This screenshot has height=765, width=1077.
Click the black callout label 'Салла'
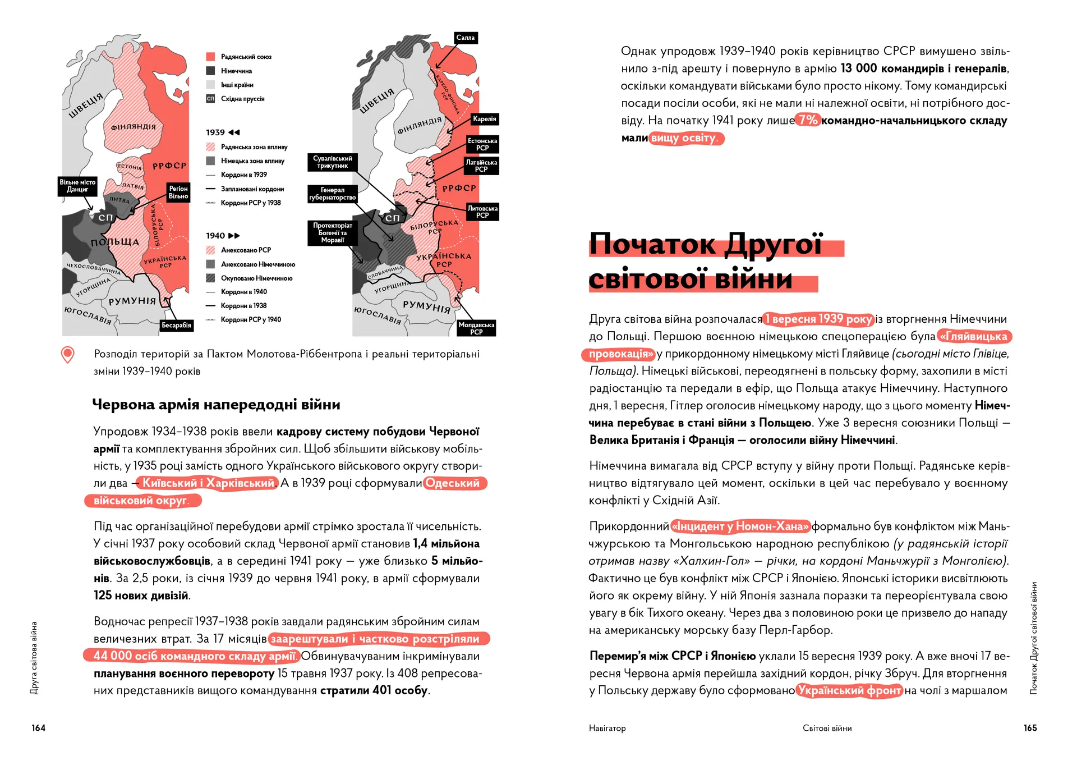(466, 38)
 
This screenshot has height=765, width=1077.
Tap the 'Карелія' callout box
(484, 119)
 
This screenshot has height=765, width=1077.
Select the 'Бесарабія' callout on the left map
(176, 326)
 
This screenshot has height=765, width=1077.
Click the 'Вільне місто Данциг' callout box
(77, 186)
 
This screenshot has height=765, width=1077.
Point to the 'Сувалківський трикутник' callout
(333, 162)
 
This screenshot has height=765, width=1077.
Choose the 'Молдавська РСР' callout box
(476, 328)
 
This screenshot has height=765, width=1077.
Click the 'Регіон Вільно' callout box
(178, 193)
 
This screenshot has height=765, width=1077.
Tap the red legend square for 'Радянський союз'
(211, 57)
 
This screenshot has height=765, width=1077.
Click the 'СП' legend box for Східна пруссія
(211, 99)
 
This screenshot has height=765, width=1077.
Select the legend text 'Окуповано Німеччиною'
(256, 278)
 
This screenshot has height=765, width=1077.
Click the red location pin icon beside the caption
(67, 355)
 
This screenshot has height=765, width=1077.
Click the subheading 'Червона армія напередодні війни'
(216, 405)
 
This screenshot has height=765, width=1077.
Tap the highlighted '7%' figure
(808, 120)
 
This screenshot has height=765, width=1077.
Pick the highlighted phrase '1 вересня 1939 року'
(818, 319)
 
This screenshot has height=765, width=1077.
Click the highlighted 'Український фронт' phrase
(849, 691)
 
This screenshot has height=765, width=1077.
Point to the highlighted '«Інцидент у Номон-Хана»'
(740, 526)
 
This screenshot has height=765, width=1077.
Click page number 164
(39, 728)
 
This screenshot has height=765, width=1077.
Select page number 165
(1030, 728)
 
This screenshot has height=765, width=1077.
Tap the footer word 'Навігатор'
(607, 729)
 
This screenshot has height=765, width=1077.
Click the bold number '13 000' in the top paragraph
(858, 68)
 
